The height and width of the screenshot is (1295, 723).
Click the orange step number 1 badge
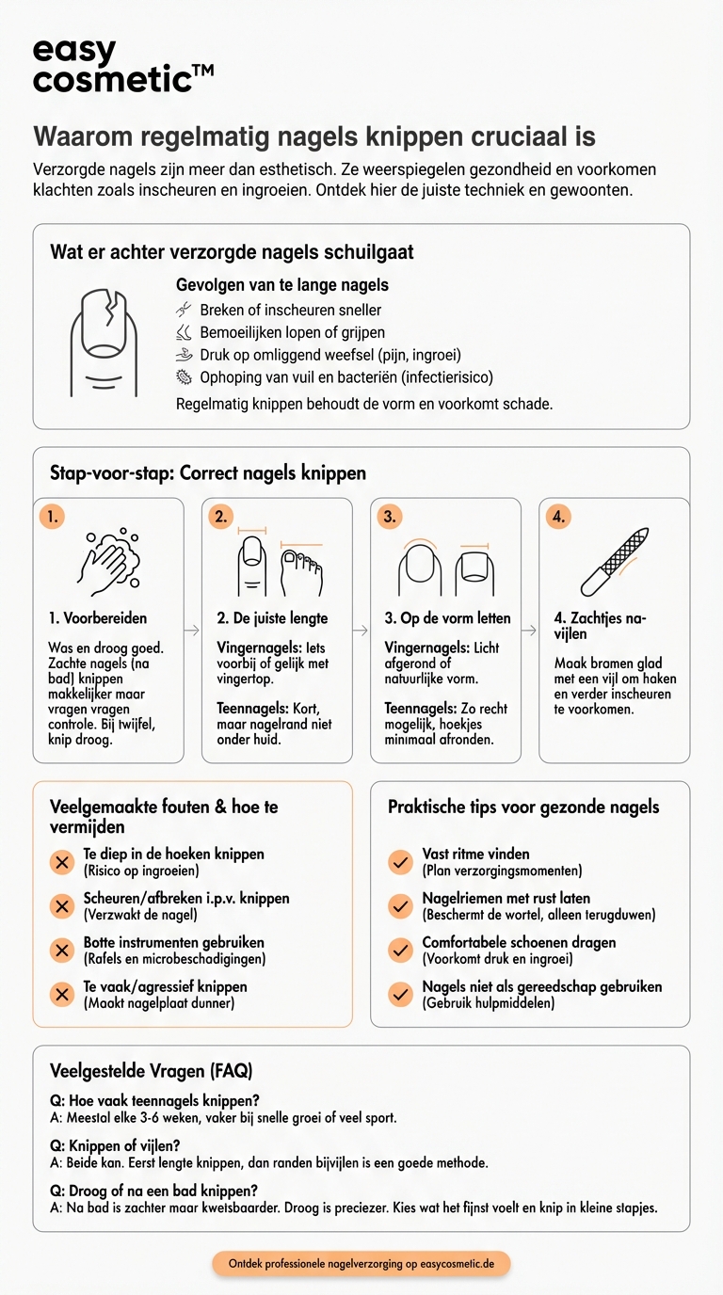point(52,517)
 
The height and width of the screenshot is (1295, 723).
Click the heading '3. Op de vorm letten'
point(448,618)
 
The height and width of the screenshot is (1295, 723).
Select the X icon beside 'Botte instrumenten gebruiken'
point(62,951)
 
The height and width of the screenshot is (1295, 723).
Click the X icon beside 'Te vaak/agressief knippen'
point(62,995)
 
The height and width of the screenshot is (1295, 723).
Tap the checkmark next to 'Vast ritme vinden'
point(401,862)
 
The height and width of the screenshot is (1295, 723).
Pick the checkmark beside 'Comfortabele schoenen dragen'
point(401,951)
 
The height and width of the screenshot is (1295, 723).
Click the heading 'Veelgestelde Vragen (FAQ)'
point(152,1071)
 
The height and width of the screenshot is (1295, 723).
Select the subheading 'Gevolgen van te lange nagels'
point(282,284)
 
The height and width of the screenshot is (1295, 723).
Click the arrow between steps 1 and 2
point(192,630)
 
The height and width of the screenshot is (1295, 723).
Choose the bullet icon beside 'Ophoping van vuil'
point(184,377)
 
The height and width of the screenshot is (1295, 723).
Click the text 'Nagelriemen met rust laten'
point(506,898)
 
